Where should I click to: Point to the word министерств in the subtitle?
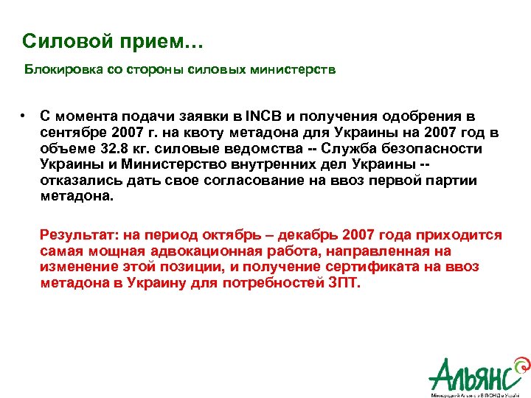[299, 70]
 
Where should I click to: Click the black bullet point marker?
[24, 116]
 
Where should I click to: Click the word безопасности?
[435, 149]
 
